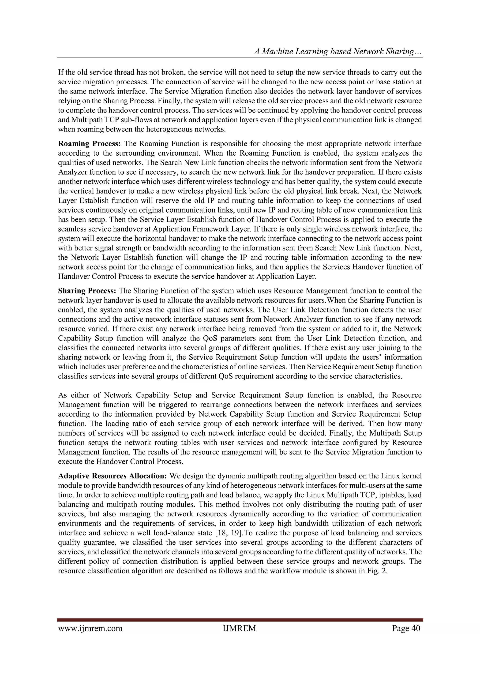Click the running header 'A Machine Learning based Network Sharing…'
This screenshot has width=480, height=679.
click(x=338, y=52)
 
